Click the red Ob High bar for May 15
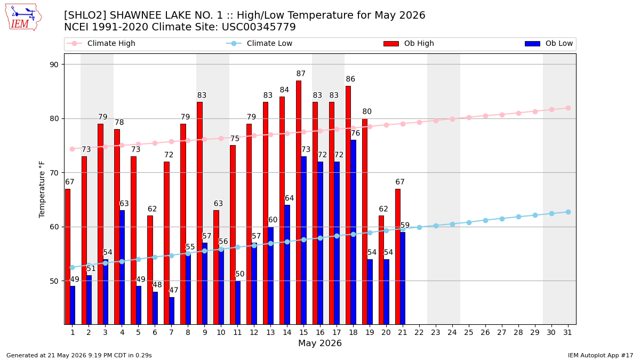pos(299,202)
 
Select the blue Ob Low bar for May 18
pos(353,232)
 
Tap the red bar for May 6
pos(150,270)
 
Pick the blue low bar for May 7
pos(172,310)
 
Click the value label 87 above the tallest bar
pos(301,74)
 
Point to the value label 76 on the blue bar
pos(355,133)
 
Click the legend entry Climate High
pos(101,43)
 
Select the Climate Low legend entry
pos(259,43)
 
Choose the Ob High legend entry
pos(409,43)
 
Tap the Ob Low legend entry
pos(549,43)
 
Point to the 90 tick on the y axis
pos(54,65)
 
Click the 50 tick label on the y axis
pos(54,281)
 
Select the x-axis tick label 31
pos(567,333)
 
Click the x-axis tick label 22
pos(419,333)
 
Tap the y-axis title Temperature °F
pos(42,189)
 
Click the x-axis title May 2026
pos(320,343)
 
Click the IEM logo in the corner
pos(23,18)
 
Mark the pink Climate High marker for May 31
pos(568,108)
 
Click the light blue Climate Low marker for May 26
pos(485,221)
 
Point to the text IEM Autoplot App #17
pos(601,355)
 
